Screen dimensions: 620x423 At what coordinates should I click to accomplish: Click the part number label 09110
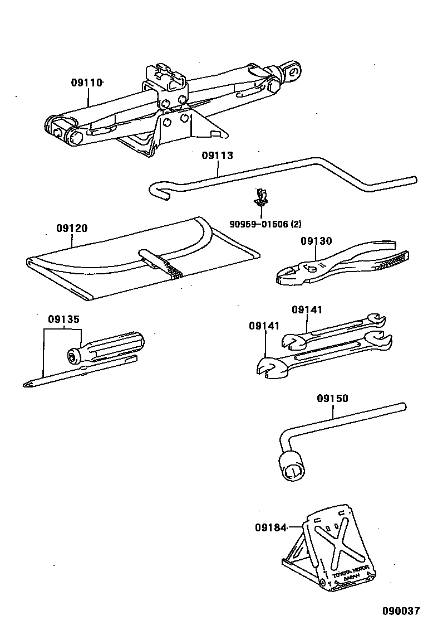[87, 83]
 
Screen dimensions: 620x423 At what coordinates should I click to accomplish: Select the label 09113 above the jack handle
[217, 156]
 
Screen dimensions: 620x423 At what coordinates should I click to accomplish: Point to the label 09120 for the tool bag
[72, 228]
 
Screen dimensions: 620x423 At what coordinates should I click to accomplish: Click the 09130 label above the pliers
[316, 241]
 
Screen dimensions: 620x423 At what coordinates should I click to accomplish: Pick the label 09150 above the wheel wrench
[332, 398]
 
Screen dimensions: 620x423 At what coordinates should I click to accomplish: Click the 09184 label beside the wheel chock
[270, 526]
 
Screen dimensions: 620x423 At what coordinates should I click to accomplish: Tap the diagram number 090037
[400, 611]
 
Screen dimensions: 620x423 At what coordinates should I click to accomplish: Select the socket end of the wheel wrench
[291, 465]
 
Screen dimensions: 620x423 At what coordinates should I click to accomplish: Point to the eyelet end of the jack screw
[292, 70]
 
